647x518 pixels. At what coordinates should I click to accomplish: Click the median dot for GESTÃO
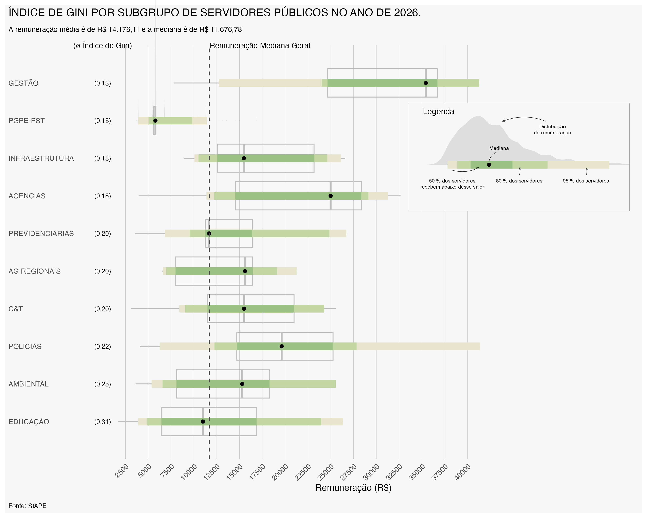tap(426, 83)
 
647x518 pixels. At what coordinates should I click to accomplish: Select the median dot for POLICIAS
tap(281, 346)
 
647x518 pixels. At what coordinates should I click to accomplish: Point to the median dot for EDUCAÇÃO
tap(203, 422)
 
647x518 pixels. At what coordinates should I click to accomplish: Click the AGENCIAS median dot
tap(330, 196)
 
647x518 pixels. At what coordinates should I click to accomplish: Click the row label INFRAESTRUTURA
tap(41, 158)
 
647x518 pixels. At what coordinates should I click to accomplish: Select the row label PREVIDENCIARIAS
tap(41, 234)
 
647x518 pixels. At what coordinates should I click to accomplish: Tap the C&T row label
tap(16, 309)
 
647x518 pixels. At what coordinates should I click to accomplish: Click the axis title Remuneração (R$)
tap(353, 488)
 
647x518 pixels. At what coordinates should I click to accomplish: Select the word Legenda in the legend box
tap(438, 112)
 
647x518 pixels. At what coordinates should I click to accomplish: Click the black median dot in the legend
tap(489, 165)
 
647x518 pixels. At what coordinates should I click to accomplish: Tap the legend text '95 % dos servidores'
tap(586, 181)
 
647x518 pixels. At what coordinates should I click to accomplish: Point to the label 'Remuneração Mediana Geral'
tap(260, 46)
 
